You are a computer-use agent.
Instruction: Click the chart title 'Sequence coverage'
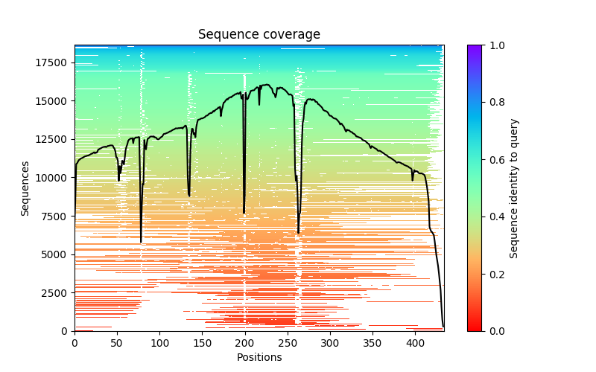coord(259,34)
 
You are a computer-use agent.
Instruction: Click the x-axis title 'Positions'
coord(259,357)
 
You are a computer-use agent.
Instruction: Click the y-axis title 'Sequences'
coord(25,188)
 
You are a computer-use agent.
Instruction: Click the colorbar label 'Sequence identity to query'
coord(514,188)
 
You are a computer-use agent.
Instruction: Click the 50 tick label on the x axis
coord(117,342)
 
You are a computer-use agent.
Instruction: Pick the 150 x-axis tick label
coord(203,342)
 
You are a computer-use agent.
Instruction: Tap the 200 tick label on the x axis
coord(245,342)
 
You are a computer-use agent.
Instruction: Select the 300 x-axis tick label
coord(330,342)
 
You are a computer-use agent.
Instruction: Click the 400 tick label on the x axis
coord(416,342)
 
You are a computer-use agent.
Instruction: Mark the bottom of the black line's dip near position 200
coord(244,214)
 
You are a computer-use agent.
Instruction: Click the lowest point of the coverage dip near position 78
coord(141,242)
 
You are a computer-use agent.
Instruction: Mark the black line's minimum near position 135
coord(189,196)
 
